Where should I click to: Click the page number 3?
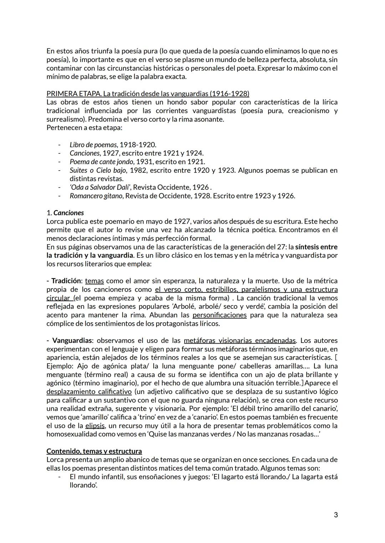(335, 515)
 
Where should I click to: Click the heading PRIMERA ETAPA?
(74, 94)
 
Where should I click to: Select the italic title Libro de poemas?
(93, 145)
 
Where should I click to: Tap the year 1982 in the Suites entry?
(138, 170)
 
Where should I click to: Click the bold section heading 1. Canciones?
(65, 213)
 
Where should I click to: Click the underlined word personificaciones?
(219, 315)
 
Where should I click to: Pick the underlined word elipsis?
(94, 425)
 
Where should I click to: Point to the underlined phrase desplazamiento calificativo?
(89, 392)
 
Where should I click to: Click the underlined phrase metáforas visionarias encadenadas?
(240, 340)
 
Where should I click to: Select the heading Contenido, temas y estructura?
(94, 451)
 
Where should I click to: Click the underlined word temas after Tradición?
(94, 281)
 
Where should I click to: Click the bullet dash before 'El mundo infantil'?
(60, 477)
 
